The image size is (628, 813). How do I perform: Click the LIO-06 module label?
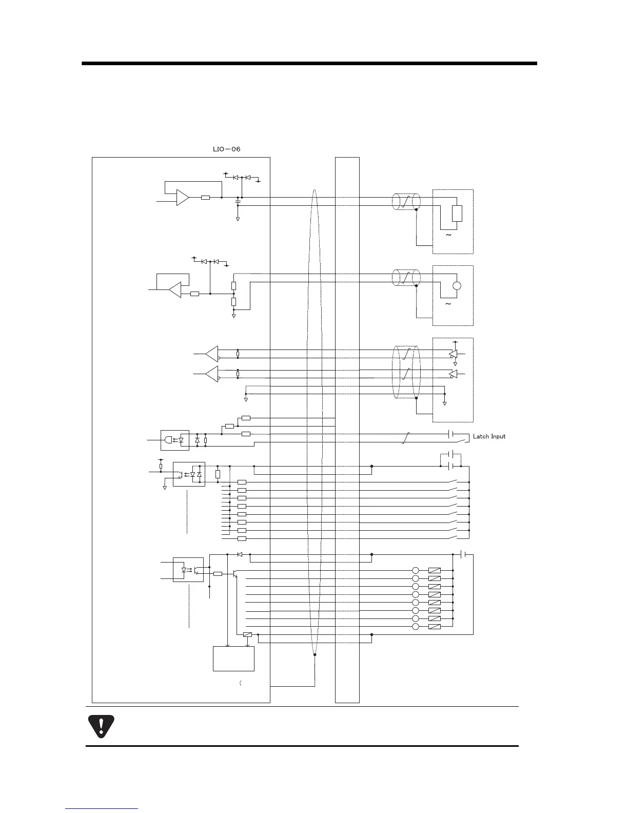pos(226,149)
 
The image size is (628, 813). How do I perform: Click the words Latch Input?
pos(489,436)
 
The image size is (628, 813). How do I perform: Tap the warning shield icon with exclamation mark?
pos(101,726)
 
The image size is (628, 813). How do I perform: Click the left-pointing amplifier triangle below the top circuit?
pos(175,290)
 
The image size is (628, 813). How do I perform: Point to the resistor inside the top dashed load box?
pos(457,213)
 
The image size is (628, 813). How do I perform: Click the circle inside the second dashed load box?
pos(457,287)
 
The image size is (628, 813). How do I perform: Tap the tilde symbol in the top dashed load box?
pos(448,235)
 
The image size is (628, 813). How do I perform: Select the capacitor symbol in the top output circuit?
pos(237,202)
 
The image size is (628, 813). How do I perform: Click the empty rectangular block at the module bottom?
pos(233,659)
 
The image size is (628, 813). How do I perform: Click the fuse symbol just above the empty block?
pos(247,635)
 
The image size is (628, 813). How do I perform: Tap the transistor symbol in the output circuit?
pos(234,573)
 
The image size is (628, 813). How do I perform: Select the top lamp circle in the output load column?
pos(416,570)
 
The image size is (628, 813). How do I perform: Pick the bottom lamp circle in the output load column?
pos(416,627)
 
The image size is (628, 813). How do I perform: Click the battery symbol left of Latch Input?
pos(451,434)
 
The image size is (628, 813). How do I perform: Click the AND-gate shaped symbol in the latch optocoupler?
pos(168,440)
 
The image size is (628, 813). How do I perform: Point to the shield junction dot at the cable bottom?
pos(315,655)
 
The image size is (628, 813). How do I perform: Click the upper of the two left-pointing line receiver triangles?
pos(211,354)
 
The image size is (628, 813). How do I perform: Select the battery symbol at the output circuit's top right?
pos(463,554)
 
